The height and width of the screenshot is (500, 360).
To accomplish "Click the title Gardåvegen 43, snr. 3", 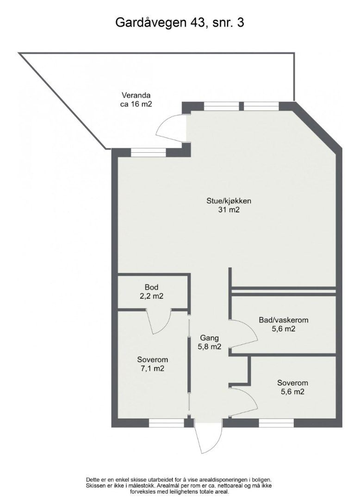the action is [180, 23].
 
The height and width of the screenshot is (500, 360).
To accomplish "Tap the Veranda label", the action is [136, 95].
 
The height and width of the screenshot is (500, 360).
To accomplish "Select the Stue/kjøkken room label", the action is [229, 201].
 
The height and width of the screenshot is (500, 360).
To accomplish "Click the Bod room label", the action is [151, 287].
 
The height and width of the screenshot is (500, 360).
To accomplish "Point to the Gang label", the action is [209, 338].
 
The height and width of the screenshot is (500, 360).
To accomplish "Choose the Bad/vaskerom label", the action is [284, 320].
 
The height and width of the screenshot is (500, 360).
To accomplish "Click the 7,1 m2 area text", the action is [152, 369].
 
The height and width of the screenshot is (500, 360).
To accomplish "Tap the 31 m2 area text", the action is [229, 210].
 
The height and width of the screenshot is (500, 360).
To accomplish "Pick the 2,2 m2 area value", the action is [151, 296].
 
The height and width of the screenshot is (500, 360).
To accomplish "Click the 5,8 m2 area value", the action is [209, 347].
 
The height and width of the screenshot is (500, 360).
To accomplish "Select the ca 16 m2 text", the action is [136, 104].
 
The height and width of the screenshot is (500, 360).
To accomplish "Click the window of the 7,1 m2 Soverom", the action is [167, 423].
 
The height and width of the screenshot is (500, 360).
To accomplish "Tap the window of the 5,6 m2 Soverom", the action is [276, 423].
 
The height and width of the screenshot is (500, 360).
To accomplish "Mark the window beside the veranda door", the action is [149, 153].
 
